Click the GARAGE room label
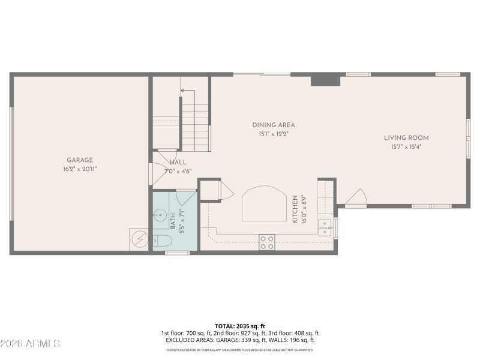coord(80,160)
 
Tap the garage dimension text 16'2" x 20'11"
coord(80,169)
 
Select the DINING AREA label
coord(273,125)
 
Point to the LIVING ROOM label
coord(406,138)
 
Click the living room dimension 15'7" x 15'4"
coord(406,146)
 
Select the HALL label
coord(178,162)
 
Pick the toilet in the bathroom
coord(162,241)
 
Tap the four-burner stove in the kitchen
coord(267,242)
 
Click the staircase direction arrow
coord(188,91)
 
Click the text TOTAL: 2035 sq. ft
coord(240,326)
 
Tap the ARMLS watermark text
coord(30,344)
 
